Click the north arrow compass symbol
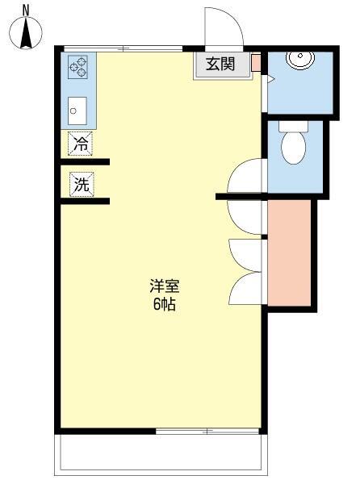(x=26, y=31)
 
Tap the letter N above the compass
(x=26, y=10)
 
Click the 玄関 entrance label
(x=220, y=65)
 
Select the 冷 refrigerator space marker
(x=81, y=145)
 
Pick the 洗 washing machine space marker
(x=81, y=183)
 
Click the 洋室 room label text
(x=164, y=286)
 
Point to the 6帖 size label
(x=164, y=305)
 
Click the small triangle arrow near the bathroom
(x=270, y=78)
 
